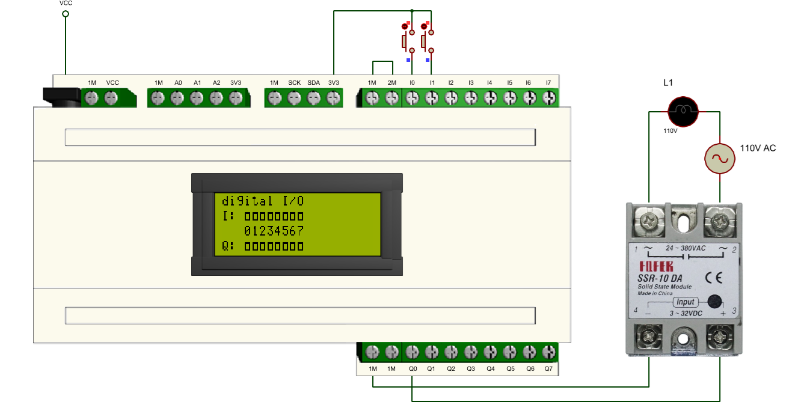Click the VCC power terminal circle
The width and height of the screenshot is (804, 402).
pyautogui.click(x=66, y=14)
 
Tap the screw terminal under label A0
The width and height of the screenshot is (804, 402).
pyautogui.click(x=177, y=98)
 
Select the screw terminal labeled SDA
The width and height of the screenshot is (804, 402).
pyautogui.click(x=314, y=98)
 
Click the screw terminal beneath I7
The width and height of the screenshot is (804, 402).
pyautogui.click(x=549, y=98)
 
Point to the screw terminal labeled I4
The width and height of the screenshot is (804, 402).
pyautogui.click(x=490, y=98)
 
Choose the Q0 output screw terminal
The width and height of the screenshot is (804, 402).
pyautogui.click(x=412, y=352)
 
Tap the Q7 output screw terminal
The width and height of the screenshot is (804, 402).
pyautogui.click(x=549, y=352)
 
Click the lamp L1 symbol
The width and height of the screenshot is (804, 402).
pyautogui.click(x=683, y=112)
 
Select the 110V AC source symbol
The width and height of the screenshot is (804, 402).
pyautogui.click(x=720, y=159)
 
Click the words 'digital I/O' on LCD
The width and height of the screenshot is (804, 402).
pyautogui.click(x=263, y=201)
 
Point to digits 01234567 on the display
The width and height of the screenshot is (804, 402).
pyautogui.click(x=274, y=231)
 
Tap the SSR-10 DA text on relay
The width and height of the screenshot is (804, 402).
pyautogui.click(x=660, y=278)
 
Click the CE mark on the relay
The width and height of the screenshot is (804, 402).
pyautogui.click(x=714, y=278)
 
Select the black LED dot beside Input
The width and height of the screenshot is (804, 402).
pyautogui.click(x=714, y=302)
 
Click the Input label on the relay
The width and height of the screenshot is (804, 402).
pyautogui.click(x=685, y=302)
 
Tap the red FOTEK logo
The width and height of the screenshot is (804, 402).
pyautogui.click(x=656, y=266)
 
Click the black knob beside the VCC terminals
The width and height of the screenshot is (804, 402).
pyautogui.click(x=62, y=97)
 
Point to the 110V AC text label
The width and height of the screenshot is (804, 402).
pyautogui.click(x=758, y=148)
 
